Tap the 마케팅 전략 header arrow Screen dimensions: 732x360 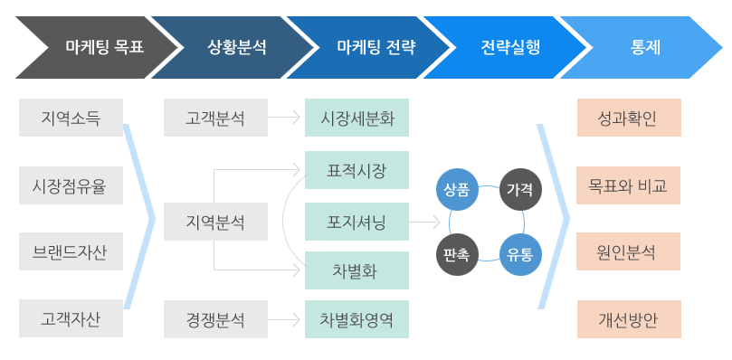click(371, 46)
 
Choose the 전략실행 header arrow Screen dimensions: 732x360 click(509, 46)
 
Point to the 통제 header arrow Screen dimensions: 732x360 click(644, 46)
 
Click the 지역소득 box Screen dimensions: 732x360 click(71, 118)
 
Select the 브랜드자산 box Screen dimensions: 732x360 click(71, 251)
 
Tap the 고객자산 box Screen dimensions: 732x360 click(71, 318)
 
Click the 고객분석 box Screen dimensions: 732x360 click(215, 118)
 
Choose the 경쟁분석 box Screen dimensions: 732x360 click(215, 318)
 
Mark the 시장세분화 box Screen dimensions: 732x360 click(356, 118)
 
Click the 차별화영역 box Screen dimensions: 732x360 click(356, 318)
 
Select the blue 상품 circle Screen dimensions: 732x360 click(456, 189)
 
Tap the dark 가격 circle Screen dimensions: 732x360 click(520, 189)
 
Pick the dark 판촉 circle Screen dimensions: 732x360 click(456, 254)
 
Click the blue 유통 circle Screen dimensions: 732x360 click(520, 254)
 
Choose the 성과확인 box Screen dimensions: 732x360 click(629, 118)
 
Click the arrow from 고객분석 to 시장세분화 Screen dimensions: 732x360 click(286, 118)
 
